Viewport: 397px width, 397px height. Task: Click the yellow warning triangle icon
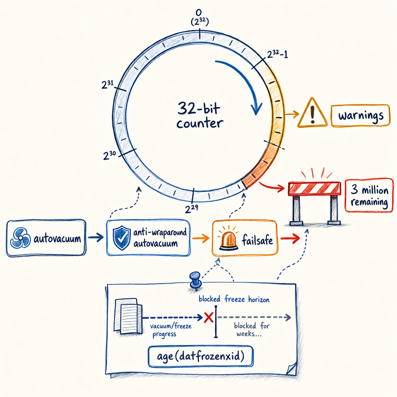coord(313,113)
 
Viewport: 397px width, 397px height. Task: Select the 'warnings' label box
coord(361,116)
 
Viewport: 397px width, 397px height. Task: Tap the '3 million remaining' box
coord(369,195)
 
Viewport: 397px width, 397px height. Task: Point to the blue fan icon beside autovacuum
coord(21,238)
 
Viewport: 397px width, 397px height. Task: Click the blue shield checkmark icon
coord(122,238)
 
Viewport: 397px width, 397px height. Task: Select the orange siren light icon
coord(229,238)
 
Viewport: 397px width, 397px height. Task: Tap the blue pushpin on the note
coord(195,280)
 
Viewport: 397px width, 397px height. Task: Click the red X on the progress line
coord(208,318)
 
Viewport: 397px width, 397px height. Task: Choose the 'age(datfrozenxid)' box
coord(200,357)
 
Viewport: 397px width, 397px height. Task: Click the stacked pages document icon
coord(128,316)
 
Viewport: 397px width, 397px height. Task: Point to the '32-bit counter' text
coord(199,115)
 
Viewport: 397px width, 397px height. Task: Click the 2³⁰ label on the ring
coord(109,155)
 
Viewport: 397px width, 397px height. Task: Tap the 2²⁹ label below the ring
coord(192,209)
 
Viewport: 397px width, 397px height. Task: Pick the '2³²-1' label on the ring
coord(278,54)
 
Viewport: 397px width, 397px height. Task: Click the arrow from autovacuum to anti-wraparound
coord(96,238)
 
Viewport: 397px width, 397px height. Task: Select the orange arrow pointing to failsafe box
coord(201,238)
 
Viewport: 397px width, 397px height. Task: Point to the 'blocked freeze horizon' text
coord(234,299)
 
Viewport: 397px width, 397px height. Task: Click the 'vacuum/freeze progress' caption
coord(171,330)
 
